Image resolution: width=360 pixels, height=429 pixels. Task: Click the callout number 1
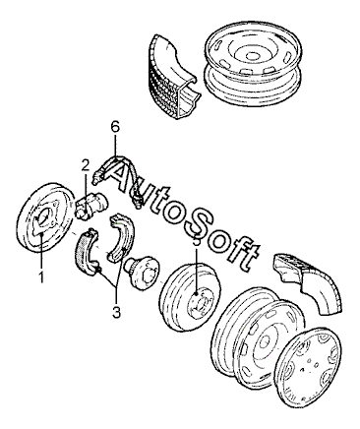pos(41,277)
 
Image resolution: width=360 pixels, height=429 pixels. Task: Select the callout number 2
pos(86,165)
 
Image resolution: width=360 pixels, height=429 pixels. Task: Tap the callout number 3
pos(116,312)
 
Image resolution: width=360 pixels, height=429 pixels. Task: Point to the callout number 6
pos(115,128)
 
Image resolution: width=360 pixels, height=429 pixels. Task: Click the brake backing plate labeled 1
pos(43,218)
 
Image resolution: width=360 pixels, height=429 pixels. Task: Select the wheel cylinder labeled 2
pos(90,205)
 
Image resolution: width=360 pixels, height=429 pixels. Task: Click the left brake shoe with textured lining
pos(87,251)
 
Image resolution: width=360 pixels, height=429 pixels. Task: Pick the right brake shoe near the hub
pos(120,237)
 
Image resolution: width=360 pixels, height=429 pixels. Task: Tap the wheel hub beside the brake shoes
pos(142,271)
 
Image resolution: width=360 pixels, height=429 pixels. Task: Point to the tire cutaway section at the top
pos(173,77)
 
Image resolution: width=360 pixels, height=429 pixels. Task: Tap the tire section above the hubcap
pos(308,283)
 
